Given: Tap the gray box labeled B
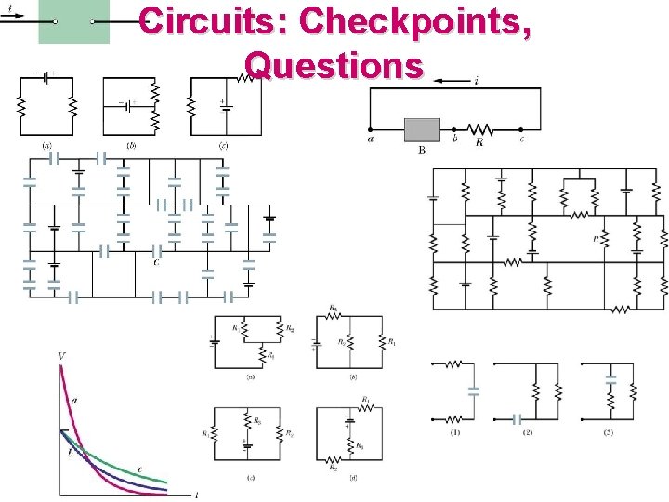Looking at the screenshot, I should coord(422,128).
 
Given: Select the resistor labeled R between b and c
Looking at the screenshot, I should coord(480,128).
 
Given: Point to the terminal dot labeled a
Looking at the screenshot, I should coord(371,129).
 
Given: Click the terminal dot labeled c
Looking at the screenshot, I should coord(522,129).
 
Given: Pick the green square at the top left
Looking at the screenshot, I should coord(73,21).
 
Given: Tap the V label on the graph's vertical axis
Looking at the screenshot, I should coord(61,356).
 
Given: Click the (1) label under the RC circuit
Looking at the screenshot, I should coord(455,432).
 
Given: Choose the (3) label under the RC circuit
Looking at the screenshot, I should coord(608,432).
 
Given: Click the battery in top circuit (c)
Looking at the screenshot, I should coord(225,104).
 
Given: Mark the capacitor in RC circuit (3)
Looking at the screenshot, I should coord(610,378).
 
